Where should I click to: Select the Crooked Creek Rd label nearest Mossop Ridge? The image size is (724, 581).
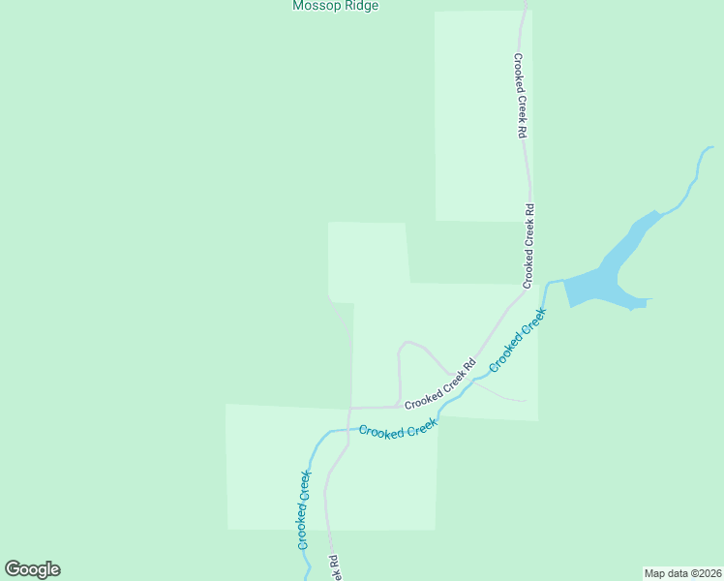point(520,95)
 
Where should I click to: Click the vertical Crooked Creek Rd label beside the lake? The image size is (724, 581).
point(529,246)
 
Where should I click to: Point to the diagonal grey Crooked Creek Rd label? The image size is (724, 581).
point(440,384)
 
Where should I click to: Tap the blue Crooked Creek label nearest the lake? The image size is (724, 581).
point(518,340)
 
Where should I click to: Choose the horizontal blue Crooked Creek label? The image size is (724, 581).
point(398,430)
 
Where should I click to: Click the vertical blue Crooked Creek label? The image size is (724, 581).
point(304,510)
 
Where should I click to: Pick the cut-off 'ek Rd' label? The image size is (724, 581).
point(333,567)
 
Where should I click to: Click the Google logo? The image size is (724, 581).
point(32,569)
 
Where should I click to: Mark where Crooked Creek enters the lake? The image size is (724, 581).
point(564,282)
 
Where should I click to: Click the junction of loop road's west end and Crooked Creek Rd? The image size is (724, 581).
point(398,406)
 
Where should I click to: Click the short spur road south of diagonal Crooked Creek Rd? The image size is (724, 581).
point(498,393)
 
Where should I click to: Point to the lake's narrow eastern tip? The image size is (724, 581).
point(649,300)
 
